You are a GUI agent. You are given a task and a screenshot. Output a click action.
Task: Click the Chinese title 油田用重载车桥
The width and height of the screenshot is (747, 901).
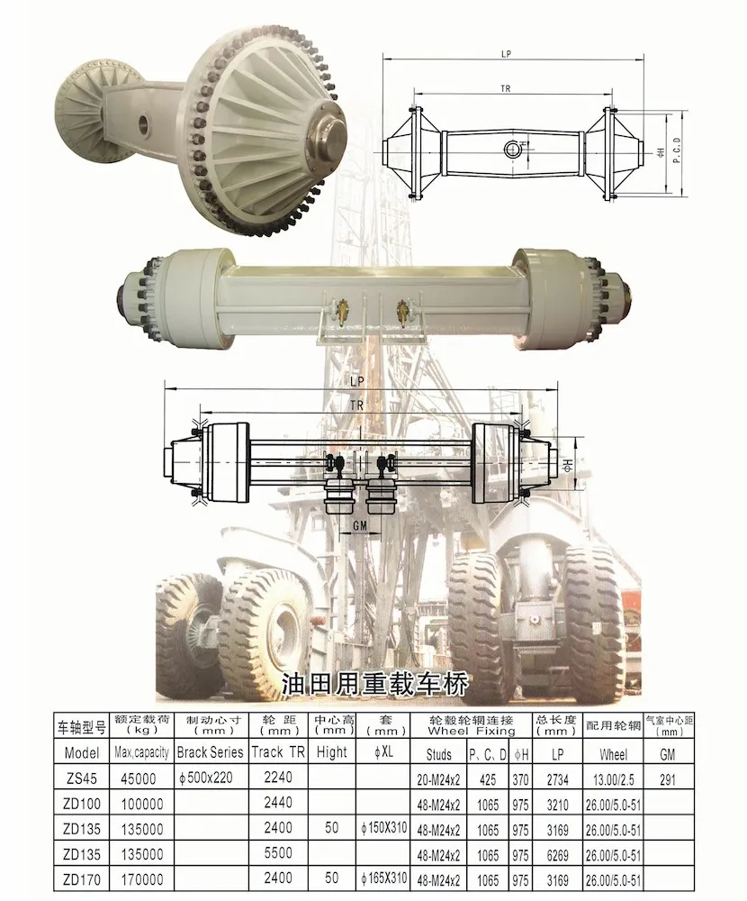(x=375, y=684)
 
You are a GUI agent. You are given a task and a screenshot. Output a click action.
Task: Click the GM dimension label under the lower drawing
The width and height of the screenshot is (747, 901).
(x=359, y=525)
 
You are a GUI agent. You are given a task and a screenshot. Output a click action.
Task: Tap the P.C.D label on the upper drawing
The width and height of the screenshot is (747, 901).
(x=677, y=150)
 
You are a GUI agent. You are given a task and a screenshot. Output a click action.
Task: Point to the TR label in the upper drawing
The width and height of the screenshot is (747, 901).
(x=505, y=88)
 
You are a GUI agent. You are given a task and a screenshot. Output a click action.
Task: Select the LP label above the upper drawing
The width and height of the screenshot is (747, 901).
(x=506, y=54)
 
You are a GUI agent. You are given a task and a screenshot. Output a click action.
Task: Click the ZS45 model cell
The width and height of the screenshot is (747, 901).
(x=81, y=778)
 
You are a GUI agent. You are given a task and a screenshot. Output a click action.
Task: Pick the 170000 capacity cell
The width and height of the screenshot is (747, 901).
(x=142, y=879)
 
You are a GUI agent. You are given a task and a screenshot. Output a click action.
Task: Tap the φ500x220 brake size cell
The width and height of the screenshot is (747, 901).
(x=206, y=778)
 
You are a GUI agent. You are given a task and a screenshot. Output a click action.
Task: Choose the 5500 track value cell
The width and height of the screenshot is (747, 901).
(x=278, y=853)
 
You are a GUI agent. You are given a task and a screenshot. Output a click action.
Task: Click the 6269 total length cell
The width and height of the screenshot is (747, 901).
(x=557, y=855)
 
